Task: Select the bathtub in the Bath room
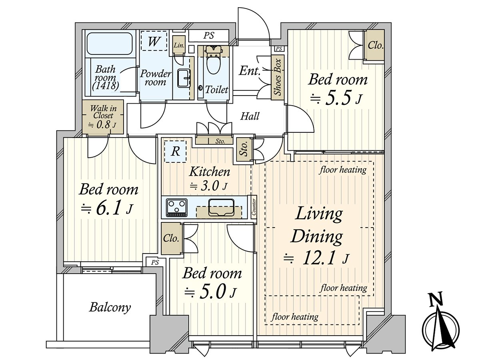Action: coord(110,44)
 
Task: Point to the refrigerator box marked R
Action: coord(175,152)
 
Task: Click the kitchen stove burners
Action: coord(176,207)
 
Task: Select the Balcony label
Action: coord(110,307)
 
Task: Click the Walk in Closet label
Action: coord(103,116)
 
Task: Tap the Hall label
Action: coord(250,116)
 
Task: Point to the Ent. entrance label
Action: coord(250,72)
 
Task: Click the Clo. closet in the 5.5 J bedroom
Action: coord(375,45)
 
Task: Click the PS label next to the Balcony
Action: coord(155,262)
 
